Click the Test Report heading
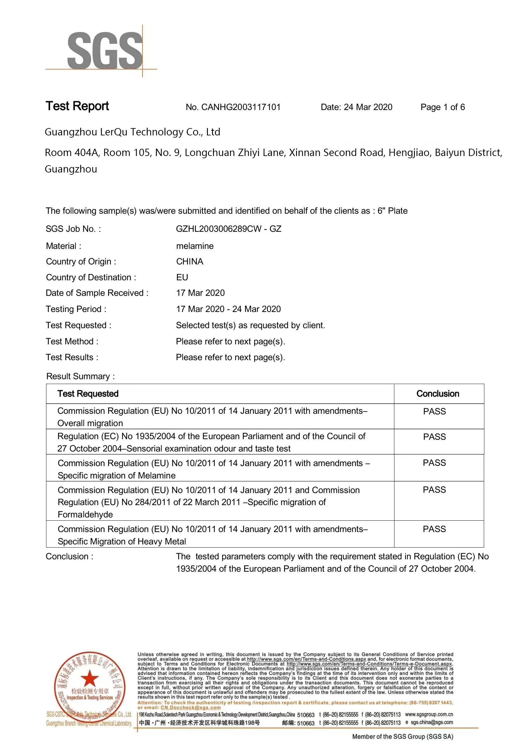coord(77,106)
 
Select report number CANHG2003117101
coord(241,107)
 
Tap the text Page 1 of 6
coord(442,107)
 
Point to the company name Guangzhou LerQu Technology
coord(132,132)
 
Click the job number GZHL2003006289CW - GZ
coord(229,229)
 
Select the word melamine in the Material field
coord(195,246)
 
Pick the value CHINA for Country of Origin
coord(189,261)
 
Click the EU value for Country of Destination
coord(182,277)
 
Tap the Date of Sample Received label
coord(97,293)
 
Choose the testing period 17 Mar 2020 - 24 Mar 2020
coord(228,309)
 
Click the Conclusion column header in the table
coord(437,394)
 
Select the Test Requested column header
coord(88,394)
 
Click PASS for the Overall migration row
coord(434,412)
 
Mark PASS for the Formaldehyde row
coord(434,490)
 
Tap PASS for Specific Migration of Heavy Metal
coord(434,529)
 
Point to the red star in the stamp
coord(89,678)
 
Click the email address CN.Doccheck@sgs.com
coord(191,707)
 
